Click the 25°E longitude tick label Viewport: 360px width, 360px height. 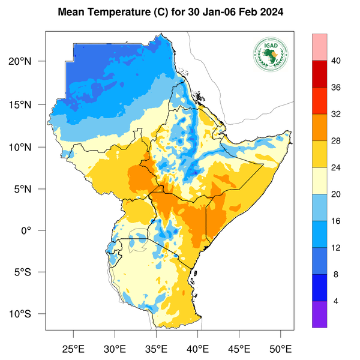pyautogui.click(x=74, y=349)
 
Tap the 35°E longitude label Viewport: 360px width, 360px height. pyautogui.click(x=157, y=349)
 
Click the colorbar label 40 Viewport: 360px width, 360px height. pyautogui.click(x=336, y=61)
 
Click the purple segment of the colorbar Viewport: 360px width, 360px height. pyautogui.click(x=319, y=314)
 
